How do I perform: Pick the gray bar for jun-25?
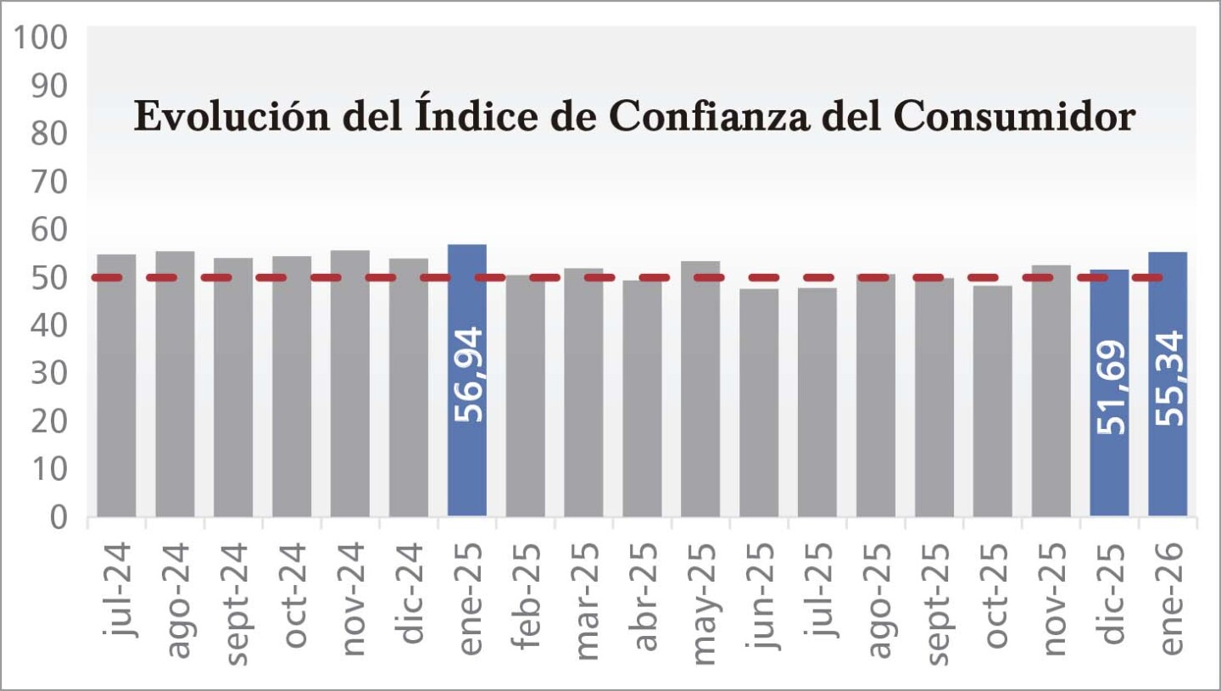(x=759, y=402)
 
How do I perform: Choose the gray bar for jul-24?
(x=116, y=385)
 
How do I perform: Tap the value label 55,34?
(x=1168, y=378)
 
